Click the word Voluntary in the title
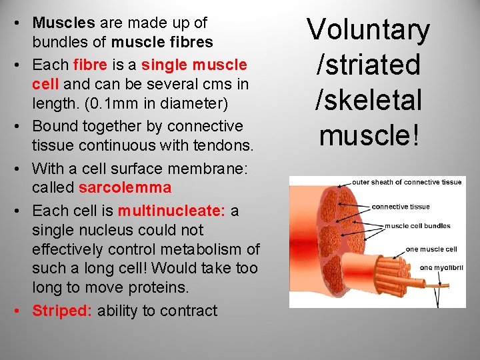click(368, 31)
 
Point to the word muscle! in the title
click(368, 135)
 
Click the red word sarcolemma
click(125, 187)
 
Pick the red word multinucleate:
click(171, 211)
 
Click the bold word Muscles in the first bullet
click(64, 23)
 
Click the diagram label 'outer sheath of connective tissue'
click(407, 183)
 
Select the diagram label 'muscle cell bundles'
click(417, 226)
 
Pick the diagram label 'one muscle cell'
click(431, 249)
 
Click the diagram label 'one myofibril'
click(436, 267)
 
